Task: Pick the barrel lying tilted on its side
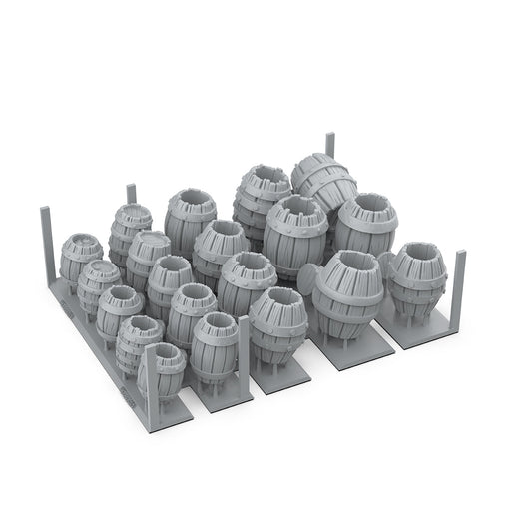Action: pyautogui.click(x=324, y=180)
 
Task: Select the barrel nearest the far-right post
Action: pyautogui.click(x=417, y=279)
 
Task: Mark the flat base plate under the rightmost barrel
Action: pyautogui.click(x=419, y=334)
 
